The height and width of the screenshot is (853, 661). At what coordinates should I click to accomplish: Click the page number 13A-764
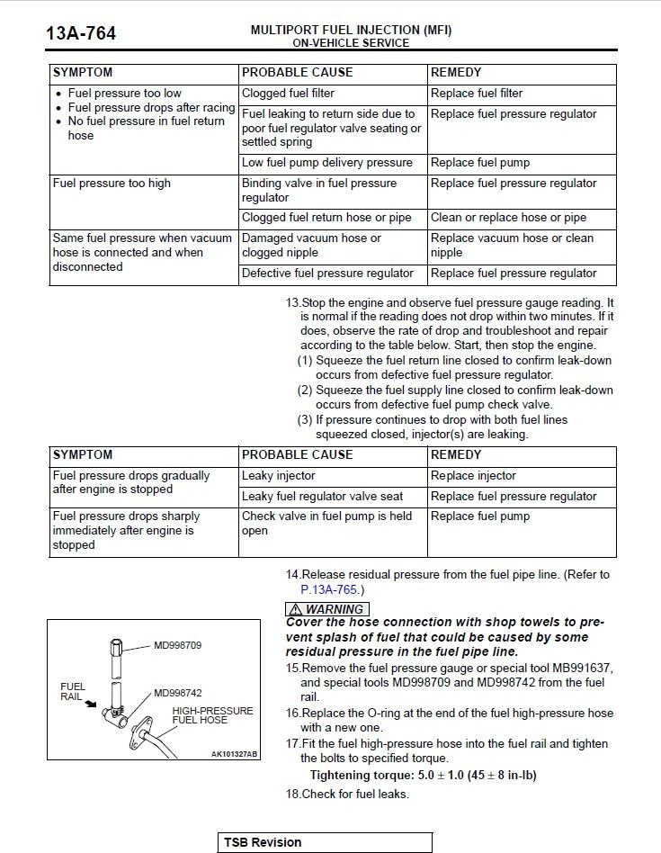click(81, 34)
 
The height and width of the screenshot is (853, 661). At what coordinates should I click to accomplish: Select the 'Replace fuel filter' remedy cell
click(477, 94)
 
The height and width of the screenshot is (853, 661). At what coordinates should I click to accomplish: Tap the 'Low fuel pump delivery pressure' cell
click(327, 163)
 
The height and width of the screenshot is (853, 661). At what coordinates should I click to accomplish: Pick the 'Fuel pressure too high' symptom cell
click(112, 184)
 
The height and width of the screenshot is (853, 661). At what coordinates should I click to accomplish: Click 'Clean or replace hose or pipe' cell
click(508, 218)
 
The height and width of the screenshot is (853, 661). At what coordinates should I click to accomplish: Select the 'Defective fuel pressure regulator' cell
click(327, 274)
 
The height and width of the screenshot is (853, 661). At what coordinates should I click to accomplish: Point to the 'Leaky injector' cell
click(279, 476)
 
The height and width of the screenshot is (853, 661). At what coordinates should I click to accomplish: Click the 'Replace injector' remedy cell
click(474, 476)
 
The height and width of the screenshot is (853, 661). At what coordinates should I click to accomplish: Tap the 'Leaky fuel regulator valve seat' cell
click(322, 497)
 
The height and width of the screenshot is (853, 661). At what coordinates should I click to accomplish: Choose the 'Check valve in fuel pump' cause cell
click(327, 524)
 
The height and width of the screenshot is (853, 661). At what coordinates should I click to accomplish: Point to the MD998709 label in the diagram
click(178, 645)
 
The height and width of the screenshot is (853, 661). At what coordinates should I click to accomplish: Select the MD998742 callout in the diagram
click(178, 693)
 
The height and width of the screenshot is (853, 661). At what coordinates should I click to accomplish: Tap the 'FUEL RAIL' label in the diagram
click(73, 692)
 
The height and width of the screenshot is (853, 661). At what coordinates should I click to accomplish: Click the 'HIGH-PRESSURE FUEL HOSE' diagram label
click(213, 715)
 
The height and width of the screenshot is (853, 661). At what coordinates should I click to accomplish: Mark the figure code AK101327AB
click(234, 754)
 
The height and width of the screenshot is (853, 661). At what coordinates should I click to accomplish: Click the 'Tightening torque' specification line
click(423, 776)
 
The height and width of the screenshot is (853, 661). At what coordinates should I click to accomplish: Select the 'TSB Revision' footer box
click(324, 843)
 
